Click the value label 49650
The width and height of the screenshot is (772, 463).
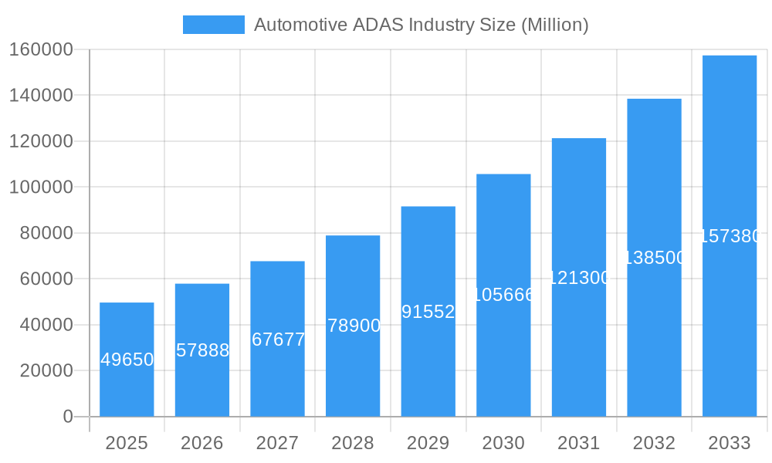[x=127, y=360]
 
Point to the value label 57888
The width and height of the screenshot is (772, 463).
[x=202, y=350]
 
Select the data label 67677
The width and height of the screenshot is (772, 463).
[x=278, y=340]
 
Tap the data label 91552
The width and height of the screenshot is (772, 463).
[x=428, y=312]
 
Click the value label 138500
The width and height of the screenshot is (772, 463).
[x=654, y=258]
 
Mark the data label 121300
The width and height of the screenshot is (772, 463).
[x=579, y=278]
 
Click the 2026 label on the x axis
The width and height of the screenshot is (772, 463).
[x=202, y=443]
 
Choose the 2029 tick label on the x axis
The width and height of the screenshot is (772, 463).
[x=428, y=443]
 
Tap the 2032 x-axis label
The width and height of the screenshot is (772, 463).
[x=654, y=443]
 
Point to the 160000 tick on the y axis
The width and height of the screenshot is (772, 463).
[x=41, y=50]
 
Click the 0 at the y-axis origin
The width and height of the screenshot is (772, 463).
[x=68, y=417]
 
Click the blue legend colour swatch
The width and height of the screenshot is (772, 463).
[x=213, y=25]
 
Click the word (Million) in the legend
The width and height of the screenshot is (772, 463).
[x=554, y=25]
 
